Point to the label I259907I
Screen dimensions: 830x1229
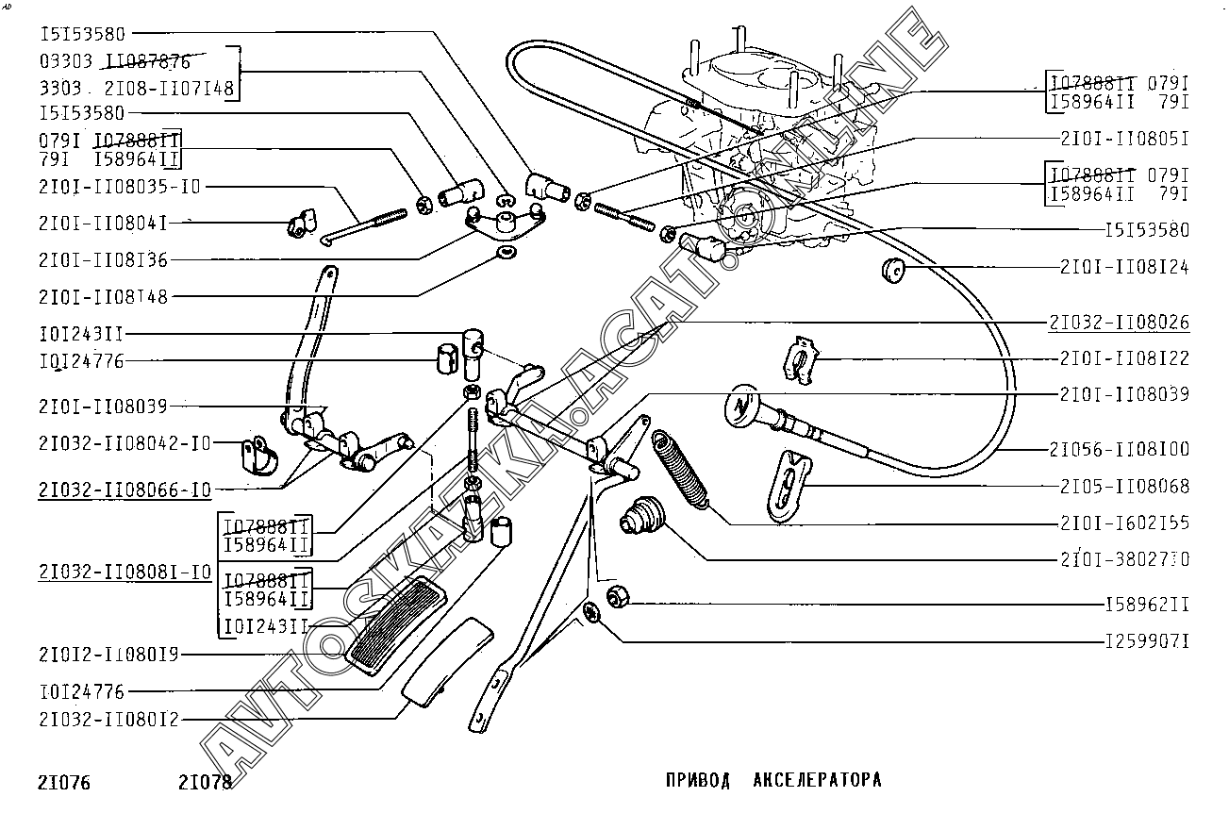[x=1147, y=642]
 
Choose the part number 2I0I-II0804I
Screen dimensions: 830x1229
[x=104, y=223]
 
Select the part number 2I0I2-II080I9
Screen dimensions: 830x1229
[x=109, y=654]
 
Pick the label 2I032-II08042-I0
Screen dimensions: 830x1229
[x=125, y=442]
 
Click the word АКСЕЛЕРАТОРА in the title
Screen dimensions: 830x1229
[x=818, y=780]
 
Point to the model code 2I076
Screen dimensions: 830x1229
[x=65, y=783]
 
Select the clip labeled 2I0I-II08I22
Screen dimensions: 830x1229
[x=800, y=358]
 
